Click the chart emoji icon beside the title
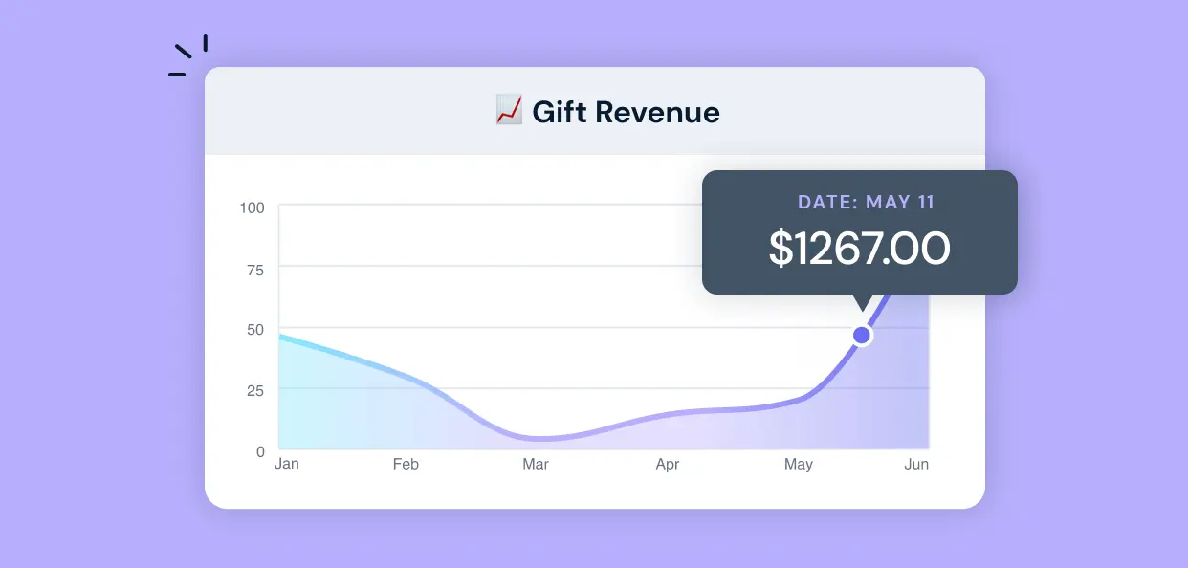(x=508, y=111)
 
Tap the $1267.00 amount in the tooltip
(x=859, y=249)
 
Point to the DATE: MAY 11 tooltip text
(x=866, y=203)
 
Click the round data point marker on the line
(x=862, y=335)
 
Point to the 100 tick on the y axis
(x=253, y=208)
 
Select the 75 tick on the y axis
(x=255, y=269)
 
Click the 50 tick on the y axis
(x=255, y=330)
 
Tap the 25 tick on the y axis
(x=255, y=390)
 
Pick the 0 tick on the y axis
(x=260, y=451)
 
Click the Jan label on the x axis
(x=286, y=465)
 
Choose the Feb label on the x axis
(x=406, y=465)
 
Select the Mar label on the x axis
(x=536, y=465)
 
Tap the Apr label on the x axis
(x=668, y=465)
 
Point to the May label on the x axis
(x=799, y=465)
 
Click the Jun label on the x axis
(x=916, y=465)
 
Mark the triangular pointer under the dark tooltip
(x=862, y=302)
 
